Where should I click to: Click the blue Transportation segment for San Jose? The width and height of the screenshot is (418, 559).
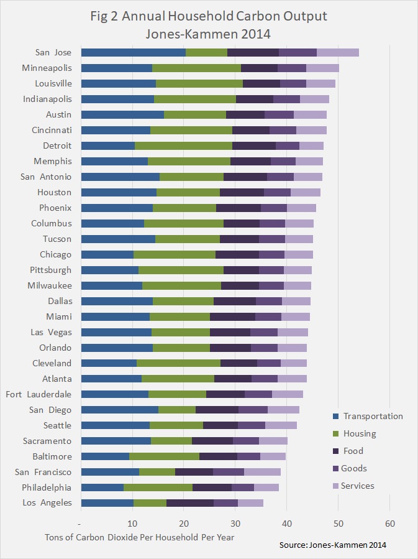[133, 53]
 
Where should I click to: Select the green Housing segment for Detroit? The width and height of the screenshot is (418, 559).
[183, 146]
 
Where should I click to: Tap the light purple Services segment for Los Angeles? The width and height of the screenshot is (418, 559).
[250, 503]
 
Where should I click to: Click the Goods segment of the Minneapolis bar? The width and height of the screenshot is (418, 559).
[291, 68]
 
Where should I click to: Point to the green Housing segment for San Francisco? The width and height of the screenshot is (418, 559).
[157, 472]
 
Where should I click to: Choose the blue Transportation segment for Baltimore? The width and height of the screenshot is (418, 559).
[104, 456]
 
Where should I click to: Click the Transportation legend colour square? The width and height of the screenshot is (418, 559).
[335, 417]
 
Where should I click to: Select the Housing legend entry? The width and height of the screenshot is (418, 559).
[360, 434]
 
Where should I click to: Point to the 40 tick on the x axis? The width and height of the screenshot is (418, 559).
[286, 523]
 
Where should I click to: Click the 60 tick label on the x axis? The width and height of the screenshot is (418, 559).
[389, 523]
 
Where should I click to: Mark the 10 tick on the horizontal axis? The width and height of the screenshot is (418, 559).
[132, 523]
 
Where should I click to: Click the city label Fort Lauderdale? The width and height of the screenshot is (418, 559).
[39, 394]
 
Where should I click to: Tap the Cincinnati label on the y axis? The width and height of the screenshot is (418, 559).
[52, 130]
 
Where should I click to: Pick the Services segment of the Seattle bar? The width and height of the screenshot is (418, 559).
[281, 425]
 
